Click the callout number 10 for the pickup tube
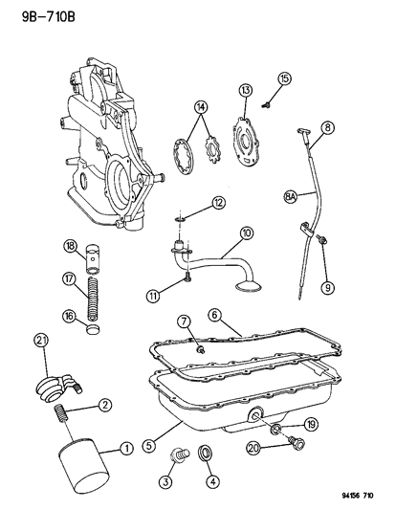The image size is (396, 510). point(247,233)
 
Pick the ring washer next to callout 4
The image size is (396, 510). point(206,454)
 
